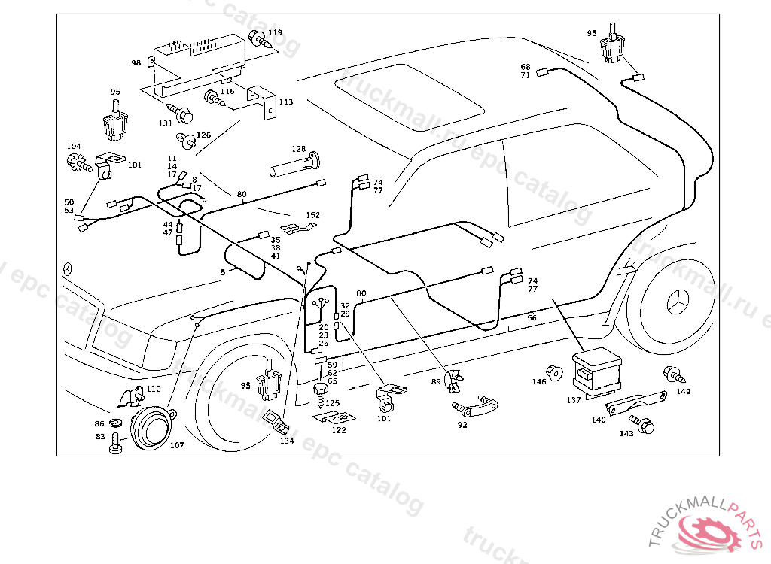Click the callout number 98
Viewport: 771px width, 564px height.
pyautogui.click(x=136, y=63)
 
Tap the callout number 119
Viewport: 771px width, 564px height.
pyautogui.click(x=275, y=33)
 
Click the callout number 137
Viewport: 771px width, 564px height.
pyautogui.click(x=574, y=400)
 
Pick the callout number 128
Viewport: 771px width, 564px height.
pyautogui.click(x=299, y=149)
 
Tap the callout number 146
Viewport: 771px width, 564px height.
pyautogui.click(x=539, y=382)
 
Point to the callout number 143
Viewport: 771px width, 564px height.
pyautogui.click(x=626, y=434)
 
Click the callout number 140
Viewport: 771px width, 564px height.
pyautogui.click(x=599, y=420)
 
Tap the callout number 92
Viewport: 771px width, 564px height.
pyautogui.click(x=462, y=425)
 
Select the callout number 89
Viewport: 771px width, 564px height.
pyautogui.click(x=436, y=382)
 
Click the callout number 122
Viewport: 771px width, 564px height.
pyautogui.click(x=339, y=430)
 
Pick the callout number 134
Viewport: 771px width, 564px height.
pyautogui.click(x=287, y=441)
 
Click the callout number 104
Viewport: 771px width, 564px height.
pyautogui.click(x=73, y=146)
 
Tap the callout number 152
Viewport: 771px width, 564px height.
pyautogui.click(x=312, y=215)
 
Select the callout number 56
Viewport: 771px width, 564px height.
pyautogui.click(x=532, y=318)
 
